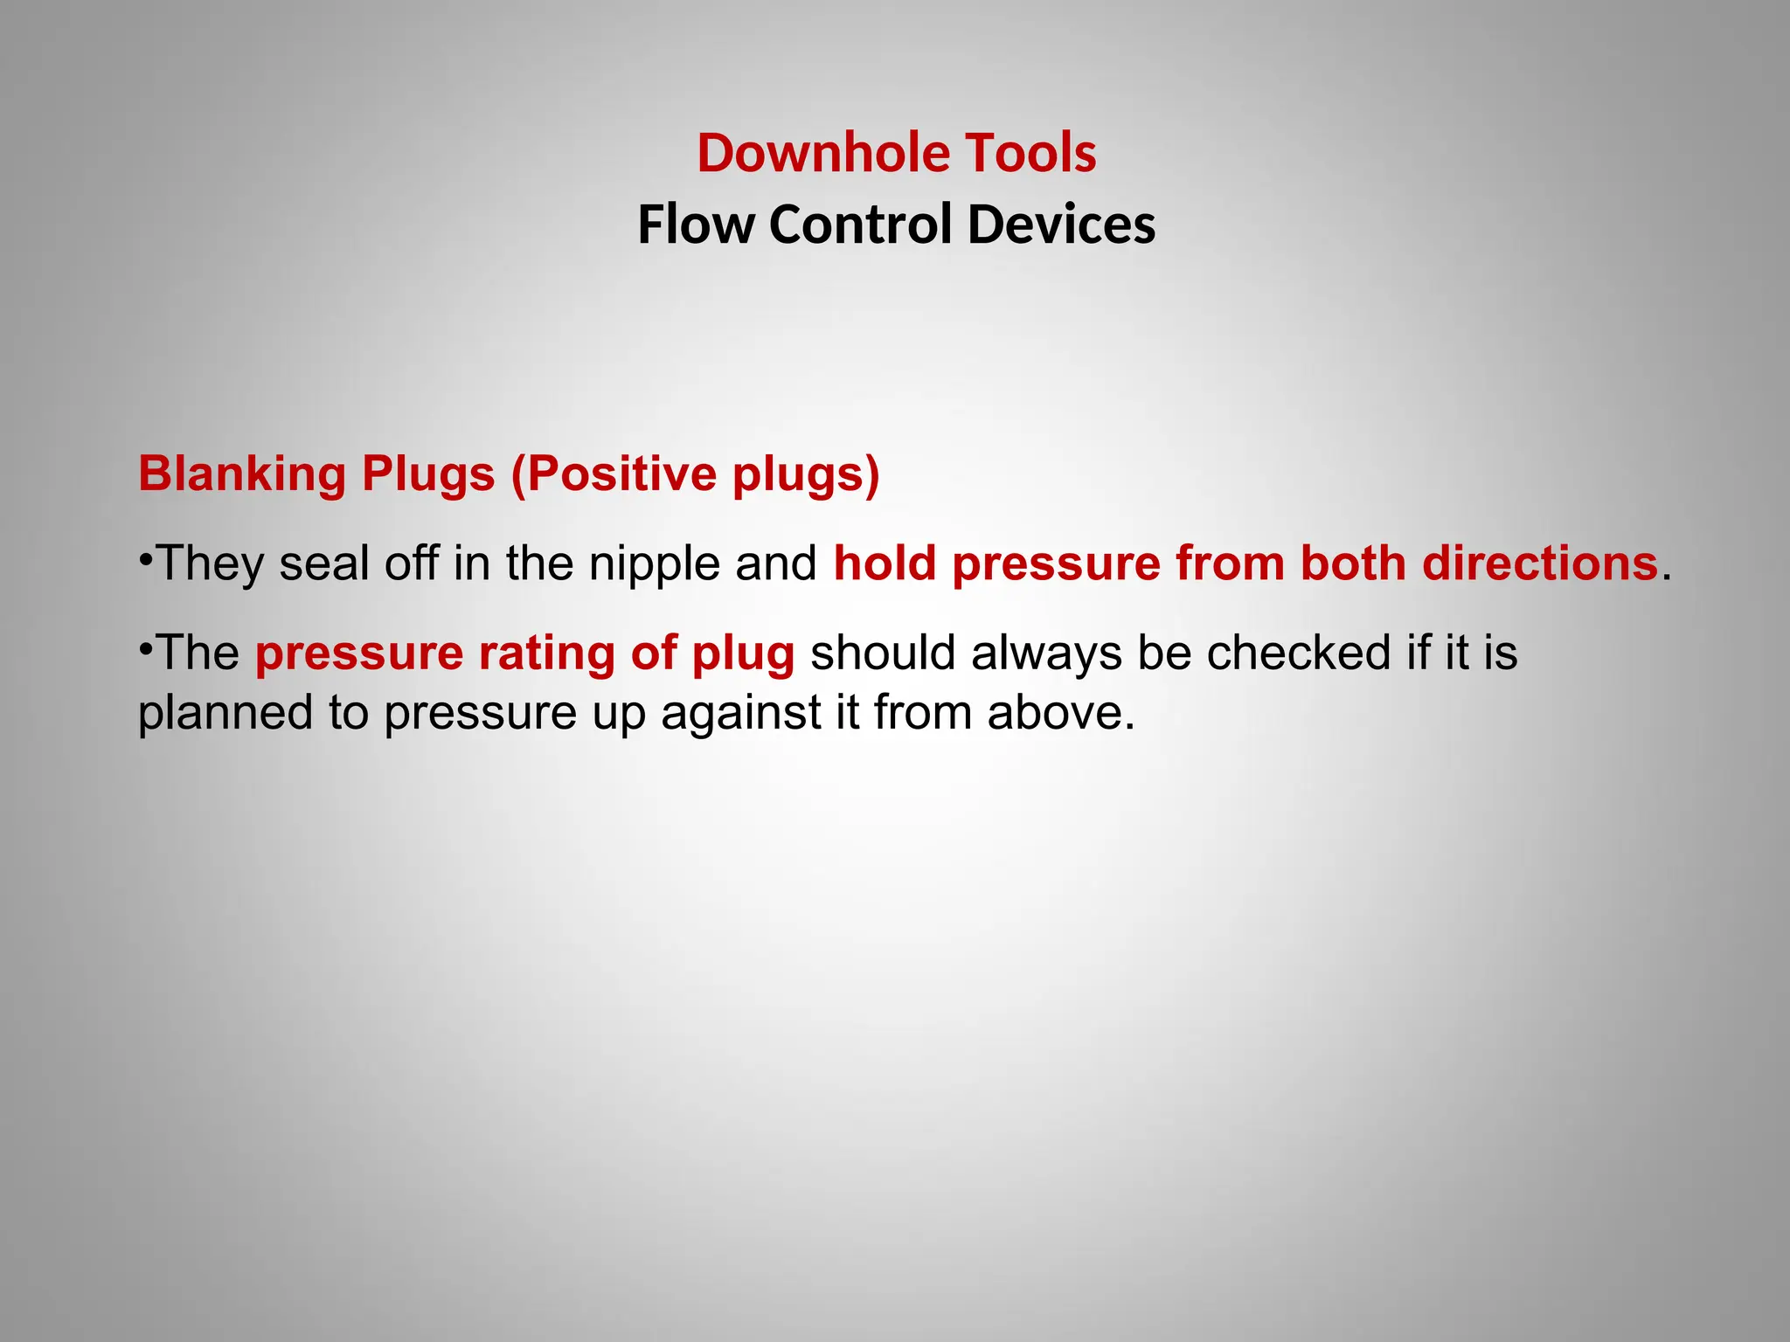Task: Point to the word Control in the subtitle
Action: tap(860, 225)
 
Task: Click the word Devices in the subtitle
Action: tap(1061, 225)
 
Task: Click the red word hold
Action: tap(885, 564)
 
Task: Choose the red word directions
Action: tap(1540, 564)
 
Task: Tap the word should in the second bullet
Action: tap(883, 654)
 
